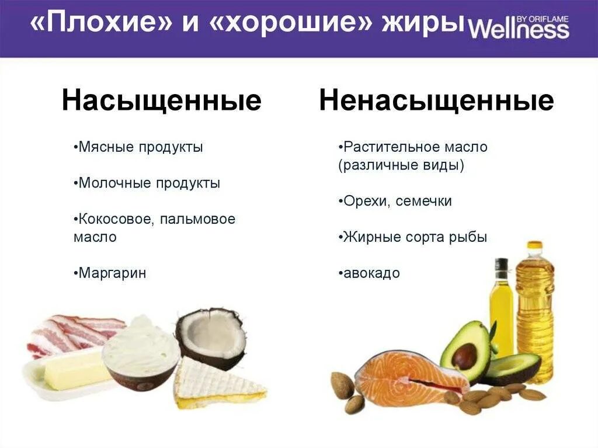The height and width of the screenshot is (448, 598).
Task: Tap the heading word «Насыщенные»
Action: (161, 101)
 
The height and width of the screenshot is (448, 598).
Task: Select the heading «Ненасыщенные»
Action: (436, 101)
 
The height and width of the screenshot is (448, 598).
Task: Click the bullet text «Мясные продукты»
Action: (140, 147)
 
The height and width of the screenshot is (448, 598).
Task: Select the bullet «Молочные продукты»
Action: (148, 183)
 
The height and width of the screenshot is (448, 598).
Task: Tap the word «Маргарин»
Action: (112, 273)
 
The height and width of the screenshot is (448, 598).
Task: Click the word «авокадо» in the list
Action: (371, 273)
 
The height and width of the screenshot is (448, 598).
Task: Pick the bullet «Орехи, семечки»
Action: (397, 202)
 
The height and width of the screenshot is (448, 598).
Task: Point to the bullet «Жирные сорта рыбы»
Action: (414, 238)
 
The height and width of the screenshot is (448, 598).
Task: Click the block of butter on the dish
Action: (73, 368)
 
